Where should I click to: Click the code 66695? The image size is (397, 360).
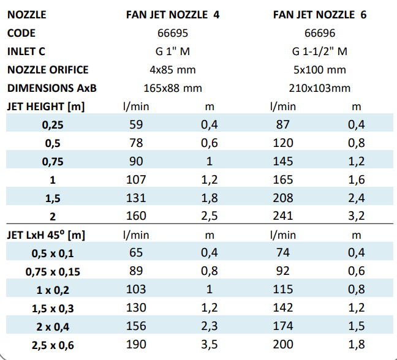[172, 33]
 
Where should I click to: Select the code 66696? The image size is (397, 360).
[319, 33]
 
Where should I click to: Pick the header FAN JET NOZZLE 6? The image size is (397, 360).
[320, 14]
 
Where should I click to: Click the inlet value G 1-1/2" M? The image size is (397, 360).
[319, 51]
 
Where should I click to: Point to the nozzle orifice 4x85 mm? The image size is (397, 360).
[172, 70]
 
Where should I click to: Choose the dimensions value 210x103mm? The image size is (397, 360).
[319, 88]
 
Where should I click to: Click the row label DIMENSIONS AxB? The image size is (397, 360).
[52, 88]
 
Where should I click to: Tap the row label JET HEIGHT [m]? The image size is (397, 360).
[46, 107]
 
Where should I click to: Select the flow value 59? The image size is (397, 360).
[137, 125]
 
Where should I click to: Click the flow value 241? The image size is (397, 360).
[282, 216]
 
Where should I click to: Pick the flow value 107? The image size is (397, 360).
[137, 179]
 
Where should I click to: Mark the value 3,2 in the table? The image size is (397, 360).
[357, 216]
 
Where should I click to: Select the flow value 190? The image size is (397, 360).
[137, 345]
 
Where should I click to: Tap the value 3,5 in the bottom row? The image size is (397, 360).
[210, 345]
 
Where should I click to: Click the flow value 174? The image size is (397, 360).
[282, 327]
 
